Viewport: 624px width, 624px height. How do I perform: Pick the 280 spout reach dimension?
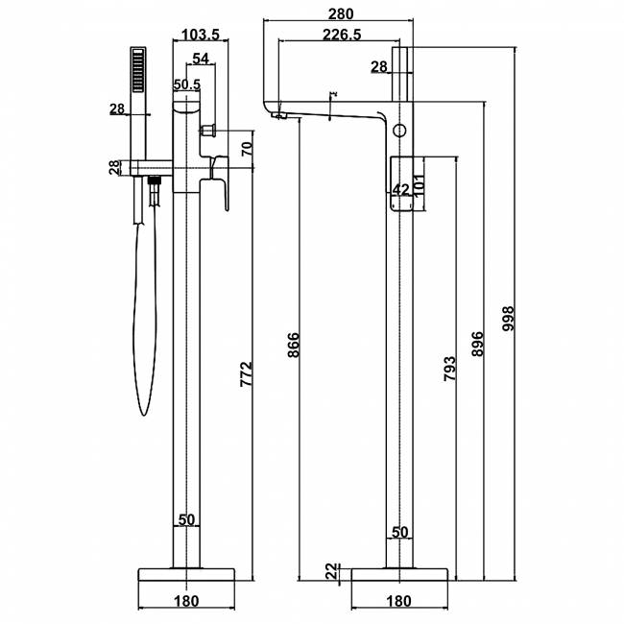point(340,13)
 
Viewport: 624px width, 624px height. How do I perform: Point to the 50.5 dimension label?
point(186,84)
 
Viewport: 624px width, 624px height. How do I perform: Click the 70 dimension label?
point(247,149)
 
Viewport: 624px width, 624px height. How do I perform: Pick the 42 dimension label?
point(401,189)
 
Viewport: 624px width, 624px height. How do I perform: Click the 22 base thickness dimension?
point(331,572)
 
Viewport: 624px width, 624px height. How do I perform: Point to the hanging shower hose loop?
point(143,317)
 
